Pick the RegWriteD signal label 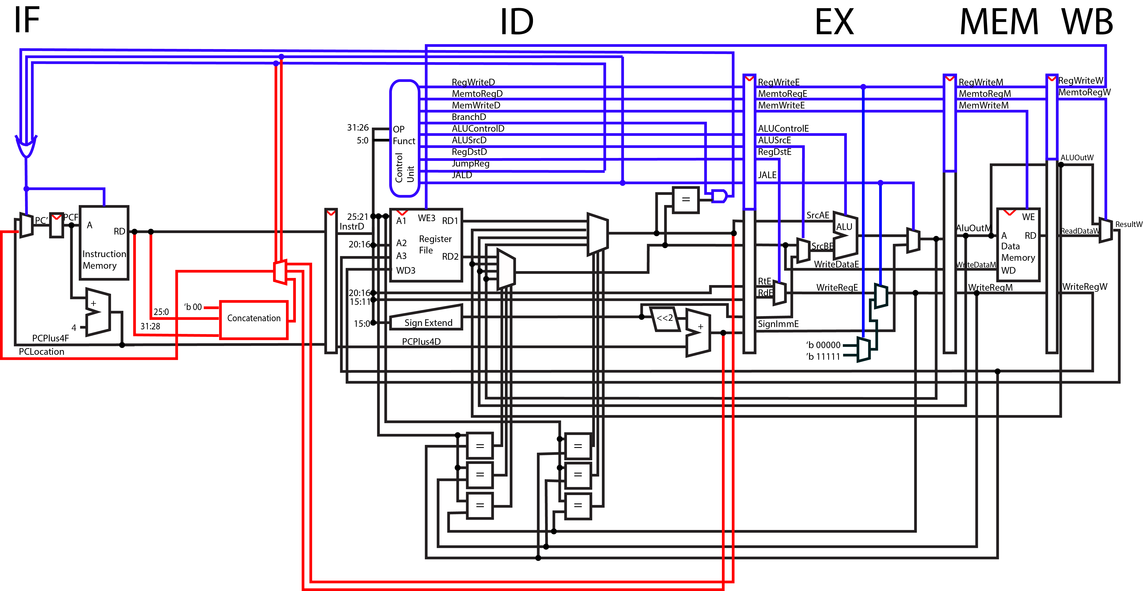click(473, 82)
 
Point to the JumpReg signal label click(470, 163)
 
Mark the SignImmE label click(778, 324)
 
